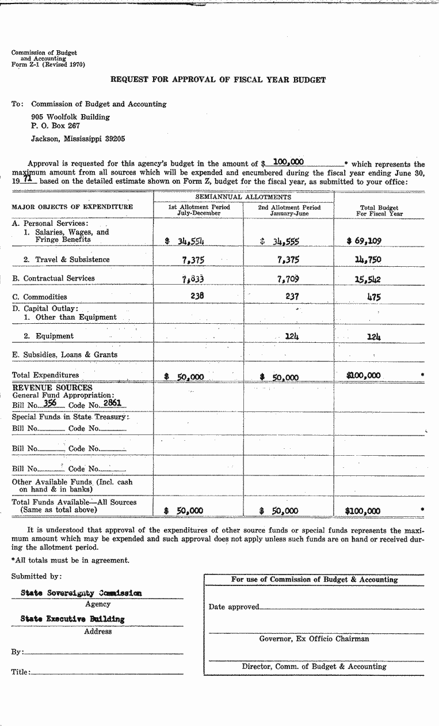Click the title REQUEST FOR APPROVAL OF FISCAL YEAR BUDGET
pyautogui.click(x=218, y=80)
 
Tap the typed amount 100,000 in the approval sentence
pyautogui.click(x=288, y=163)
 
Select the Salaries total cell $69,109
pyautogui.click(x=364, y=241)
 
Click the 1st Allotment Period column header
pyautogui.click(x=198, y=210)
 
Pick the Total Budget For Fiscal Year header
pyautogui.click(x=379, y=210)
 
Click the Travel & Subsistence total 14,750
pyautogui.click(x=368, y=260)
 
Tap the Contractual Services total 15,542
pyautogui.click(x=368, y=279)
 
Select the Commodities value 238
pyautogui.click(x=197, y=296)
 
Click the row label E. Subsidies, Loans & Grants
pyautogui.click(x=64, y=355)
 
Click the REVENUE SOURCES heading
pyautogui.click(x=52, y=388)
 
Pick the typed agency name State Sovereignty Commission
pyautogui.click(x=81, y=592)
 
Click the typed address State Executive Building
pyautogui.click(x=72, y=619)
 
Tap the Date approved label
pyautogui.click(x=234, y=607)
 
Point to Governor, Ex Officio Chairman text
pyautogui.click(x=314, y=638)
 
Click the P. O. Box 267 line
pyautogui.click(x=55, y=126)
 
